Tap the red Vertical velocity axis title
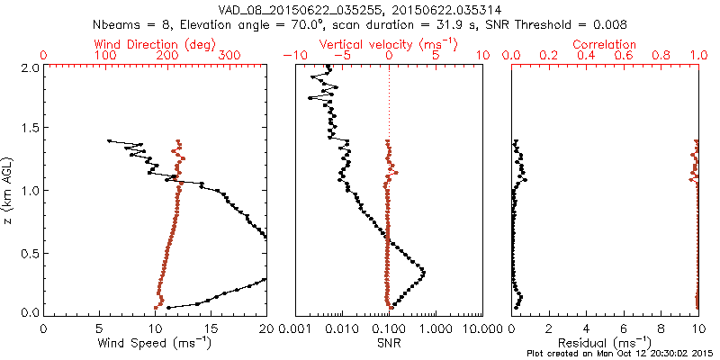point(388,44)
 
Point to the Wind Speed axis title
point(155,342)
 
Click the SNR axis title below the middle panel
point(388,342)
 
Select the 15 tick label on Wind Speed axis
point(211,328)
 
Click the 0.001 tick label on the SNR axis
point(295,328)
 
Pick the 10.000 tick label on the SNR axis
point(482,328)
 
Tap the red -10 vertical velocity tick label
point(292,56)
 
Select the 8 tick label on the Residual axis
point(661,328)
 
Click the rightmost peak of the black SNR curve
point(424,271)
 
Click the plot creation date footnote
point(622,354)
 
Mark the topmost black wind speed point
point(109,140)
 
